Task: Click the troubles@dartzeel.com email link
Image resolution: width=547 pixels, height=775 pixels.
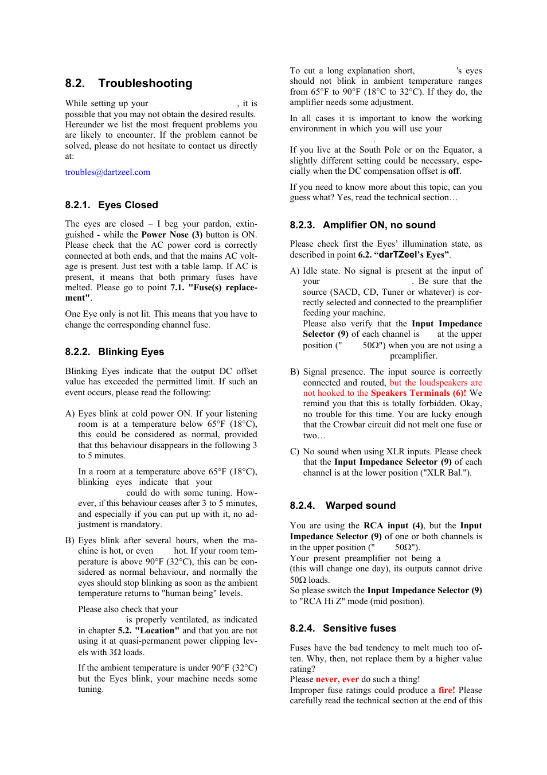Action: click(107, 172)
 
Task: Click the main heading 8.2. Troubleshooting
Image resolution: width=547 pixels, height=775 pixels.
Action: click(128, 83)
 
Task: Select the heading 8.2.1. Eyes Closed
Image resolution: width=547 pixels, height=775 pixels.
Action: click(111, 205)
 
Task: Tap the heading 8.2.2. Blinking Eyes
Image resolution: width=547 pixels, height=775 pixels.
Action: click(114, 352)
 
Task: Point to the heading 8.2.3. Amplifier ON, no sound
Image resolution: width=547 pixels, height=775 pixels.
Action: click(362, 225)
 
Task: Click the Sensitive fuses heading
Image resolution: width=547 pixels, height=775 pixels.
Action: click(359, 628)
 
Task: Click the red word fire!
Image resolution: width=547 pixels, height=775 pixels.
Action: click(447, 690)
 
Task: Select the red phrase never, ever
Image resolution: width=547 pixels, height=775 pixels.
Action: click(337, 679)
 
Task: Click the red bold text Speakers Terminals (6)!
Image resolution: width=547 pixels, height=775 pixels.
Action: click(418, 393)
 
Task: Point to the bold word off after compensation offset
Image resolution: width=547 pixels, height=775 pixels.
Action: click(454, 171)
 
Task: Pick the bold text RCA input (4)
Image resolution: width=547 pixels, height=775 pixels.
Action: click(393, 525)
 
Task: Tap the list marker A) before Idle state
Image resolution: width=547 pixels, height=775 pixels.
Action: click(295, 271)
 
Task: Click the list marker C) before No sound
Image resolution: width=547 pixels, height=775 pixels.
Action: click(295, 451)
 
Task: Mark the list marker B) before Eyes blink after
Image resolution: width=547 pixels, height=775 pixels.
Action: click(70, 540)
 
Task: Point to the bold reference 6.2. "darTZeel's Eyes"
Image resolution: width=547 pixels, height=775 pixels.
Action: click(404, 255)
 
